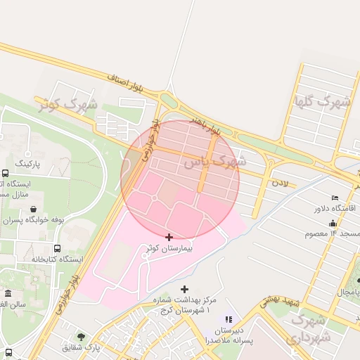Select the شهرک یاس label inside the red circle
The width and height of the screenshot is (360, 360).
coord(214,162)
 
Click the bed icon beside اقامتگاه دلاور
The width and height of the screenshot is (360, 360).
coord(335,198)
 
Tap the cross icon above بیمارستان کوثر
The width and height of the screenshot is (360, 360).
coord(169,237)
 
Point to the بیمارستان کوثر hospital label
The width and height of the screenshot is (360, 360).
coord(169,249)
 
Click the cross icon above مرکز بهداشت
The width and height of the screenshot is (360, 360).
coord(185,289)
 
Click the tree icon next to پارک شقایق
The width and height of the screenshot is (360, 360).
coord(81,337)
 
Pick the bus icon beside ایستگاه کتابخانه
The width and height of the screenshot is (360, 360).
coord(57,248)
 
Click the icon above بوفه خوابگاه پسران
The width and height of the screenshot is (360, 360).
coord(34,210)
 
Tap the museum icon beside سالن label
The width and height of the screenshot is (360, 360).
coord(8,293)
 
